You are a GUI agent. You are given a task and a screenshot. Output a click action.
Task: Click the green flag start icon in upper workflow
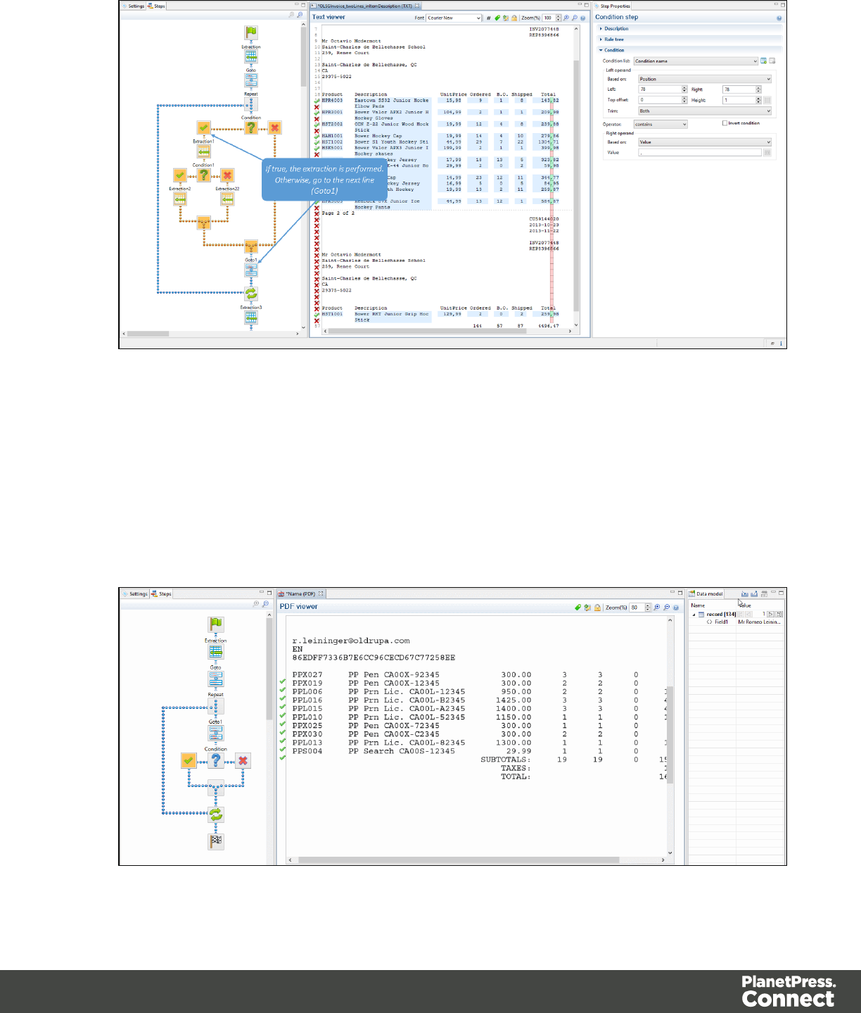pyautogui.click(x=251, y=32)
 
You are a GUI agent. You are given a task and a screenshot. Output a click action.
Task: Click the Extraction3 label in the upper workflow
pyautogui.click(x=251, y=308)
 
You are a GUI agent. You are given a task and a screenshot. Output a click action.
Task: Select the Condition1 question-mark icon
pyautogui.click(x=203, y=175)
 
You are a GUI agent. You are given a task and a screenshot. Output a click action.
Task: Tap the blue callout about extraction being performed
pyautogui.click(x=324, y=180)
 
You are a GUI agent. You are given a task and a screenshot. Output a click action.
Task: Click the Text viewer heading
pyautogui.click(x=329, y=18)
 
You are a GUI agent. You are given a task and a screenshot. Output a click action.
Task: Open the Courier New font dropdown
pyautogui.click(x=454, y=18)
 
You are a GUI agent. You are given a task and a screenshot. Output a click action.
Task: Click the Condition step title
pyautogui.click(x=616, y=18)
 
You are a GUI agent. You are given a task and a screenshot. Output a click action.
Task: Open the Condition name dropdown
pyautogui.click(x=696, y=61)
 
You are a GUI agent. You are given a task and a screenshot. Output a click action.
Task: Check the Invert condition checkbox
pyautogui.click(x=725, y=123)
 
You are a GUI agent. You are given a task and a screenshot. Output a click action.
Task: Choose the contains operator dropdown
pyautogui.click(x=660, y=125)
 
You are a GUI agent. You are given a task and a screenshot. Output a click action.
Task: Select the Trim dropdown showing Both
pyautogui.click(x=704, y=111)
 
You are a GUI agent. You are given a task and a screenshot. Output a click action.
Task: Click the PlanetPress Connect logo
pyautogui.click(x=788, y=991)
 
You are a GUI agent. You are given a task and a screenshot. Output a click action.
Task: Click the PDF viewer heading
pyautogui.click(x=298, y=607)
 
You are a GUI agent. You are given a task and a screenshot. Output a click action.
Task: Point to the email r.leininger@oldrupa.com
pyautogui.click(x=350, y=641)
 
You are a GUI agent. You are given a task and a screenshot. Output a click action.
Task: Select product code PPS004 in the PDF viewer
pyautogui.click(x=307, y=751)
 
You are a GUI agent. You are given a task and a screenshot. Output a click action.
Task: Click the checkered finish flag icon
pyautogui.click(x=216, y=841)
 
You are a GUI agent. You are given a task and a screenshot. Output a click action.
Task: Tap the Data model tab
pyautogui.click(x=708, y=594)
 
